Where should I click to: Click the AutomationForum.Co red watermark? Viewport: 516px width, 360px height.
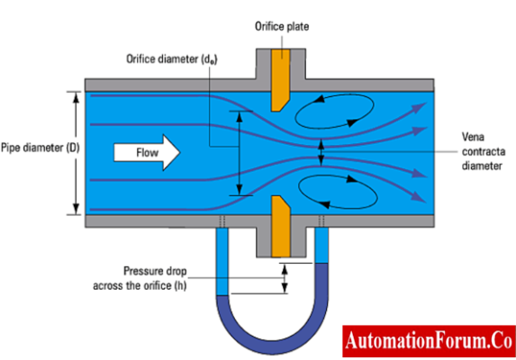point(427,342)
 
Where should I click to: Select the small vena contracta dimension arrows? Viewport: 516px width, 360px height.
point(321,152)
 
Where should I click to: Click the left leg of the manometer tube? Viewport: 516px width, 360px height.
point(223,270)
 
